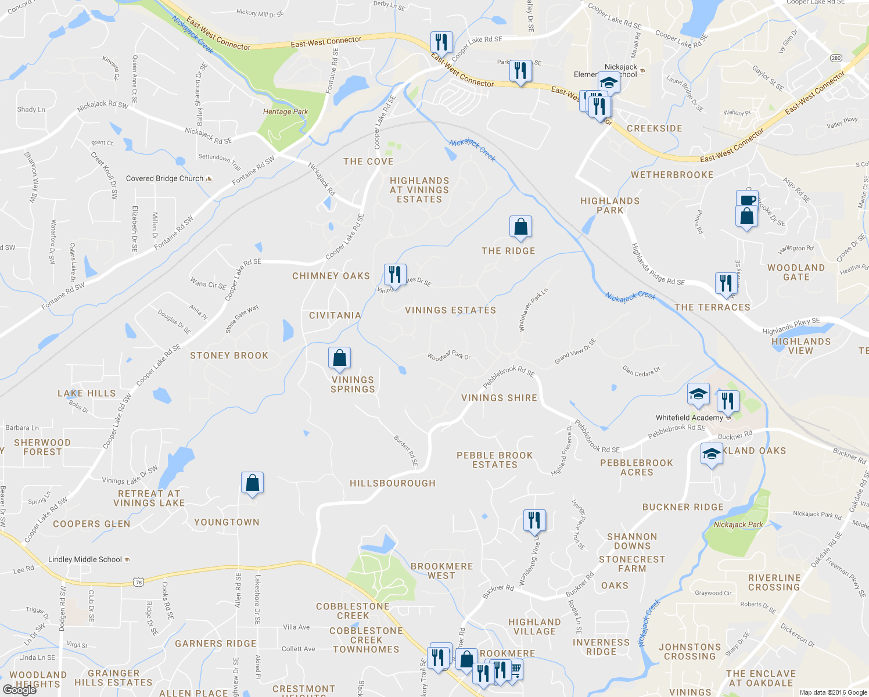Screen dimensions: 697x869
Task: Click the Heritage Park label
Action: pyautogui.click(x=285, y=112)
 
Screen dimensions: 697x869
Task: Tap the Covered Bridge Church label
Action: pyautogui.click(x=165, y=178)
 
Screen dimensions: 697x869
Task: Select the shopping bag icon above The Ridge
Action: pyautogui.click(x=521, y=227)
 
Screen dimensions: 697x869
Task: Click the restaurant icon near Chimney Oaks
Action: pyautogui.click(x=395, y=274)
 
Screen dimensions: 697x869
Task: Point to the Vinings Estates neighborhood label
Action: pyautogui.click(x=450, y=310)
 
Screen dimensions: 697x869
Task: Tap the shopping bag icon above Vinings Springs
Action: pyautogui.click(x=339, y=358)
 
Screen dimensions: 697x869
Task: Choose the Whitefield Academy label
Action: pyautogui.click(x=690, y=418)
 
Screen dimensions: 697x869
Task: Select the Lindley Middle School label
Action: pyautogui.click(x=85, y=559)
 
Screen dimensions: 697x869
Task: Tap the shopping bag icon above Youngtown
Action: pyautogui.click(x=252, y=483)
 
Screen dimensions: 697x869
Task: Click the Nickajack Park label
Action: pyautogui.click(x=738, y=524)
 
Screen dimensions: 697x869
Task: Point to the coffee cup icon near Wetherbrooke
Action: pyautogui.click(x=747, y=200)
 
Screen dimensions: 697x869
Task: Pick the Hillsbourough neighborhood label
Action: pyautogui.click(x=393, y=483)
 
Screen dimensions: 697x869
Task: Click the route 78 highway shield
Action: pyautogui.click(x=138, y=581)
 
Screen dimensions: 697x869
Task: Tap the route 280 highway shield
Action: pyautogui.click(x=836, y=58)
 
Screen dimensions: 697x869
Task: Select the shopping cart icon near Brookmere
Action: pyautogui.click(x=515, y=669)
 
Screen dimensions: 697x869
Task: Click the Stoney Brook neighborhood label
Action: pyautogui.click(x=229, y=355)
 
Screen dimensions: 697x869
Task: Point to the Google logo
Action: pyautogui.click(x=19, y=690)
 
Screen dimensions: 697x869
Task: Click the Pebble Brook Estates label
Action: pyautogui.click(x=495, y=460)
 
